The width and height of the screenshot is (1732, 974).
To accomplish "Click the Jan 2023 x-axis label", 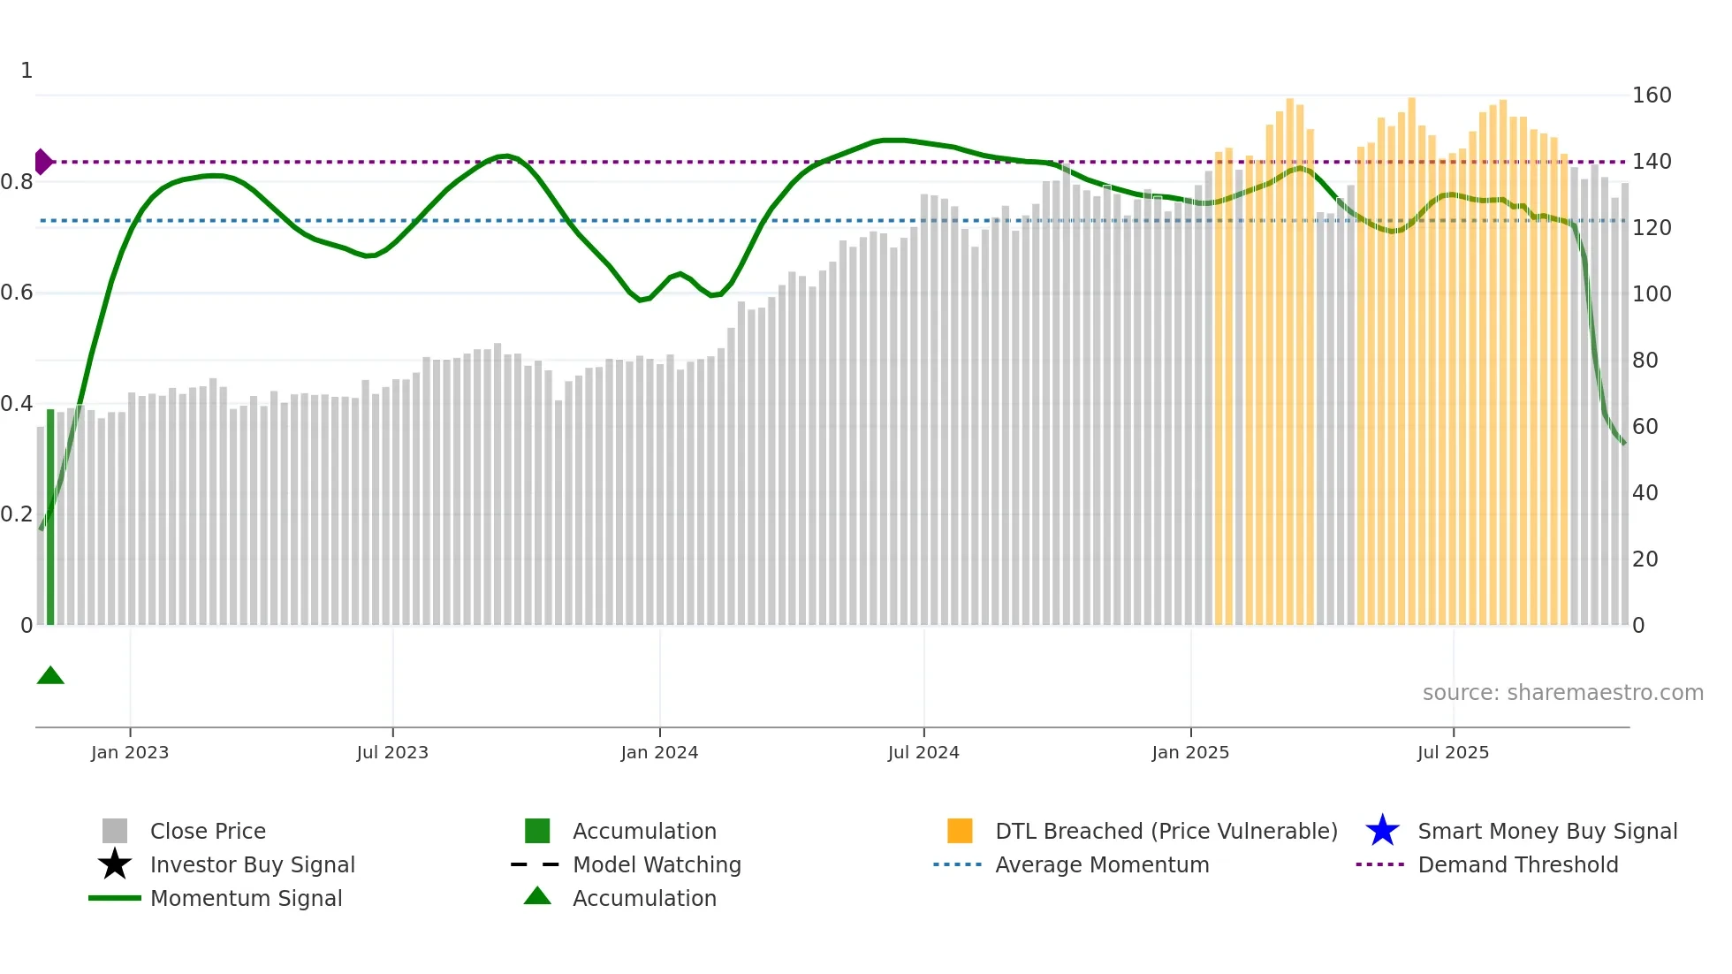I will [129, 752].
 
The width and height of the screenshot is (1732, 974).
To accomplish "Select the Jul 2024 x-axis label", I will [923, 752].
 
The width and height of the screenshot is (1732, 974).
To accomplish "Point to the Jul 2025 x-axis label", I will [1453, 752].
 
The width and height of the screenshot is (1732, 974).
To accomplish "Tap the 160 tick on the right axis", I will [1651, 95].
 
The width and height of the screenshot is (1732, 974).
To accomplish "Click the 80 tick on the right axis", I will [1645, 361].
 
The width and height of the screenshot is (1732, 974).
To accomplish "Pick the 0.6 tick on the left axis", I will [17, 293].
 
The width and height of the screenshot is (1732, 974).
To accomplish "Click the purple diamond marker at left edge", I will [42, 162].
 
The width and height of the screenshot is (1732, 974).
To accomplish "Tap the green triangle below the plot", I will [50, 676].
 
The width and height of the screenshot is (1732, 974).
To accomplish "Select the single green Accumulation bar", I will [50, 517].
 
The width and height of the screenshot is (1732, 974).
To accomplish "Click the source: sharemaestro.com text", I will [1562, 693].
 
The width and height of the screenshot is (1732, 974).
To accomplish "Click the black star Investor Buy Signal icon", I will [115, 864].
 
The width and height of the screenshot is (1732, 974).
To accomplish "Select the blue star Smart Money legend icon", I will [1382, 831].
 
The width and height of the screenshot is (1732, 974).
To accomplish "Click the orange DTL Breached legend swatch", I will [960, 831].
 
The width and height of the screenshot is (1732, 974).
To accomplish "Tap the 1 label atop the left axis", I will [27, 71].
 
